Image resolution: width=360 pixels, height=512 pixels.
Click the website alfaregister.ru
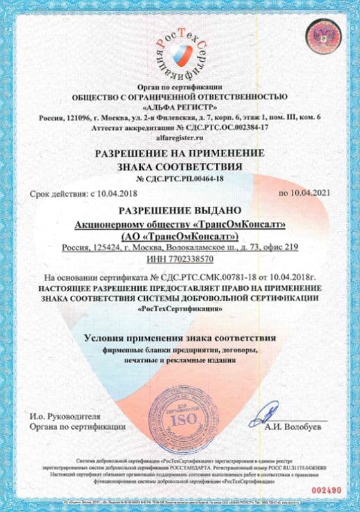180,137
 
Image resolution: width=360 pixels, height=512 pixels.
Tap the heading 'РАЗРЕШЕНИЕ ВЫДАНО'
180,210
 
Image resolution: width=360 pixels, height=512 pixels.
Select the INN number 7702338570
192,258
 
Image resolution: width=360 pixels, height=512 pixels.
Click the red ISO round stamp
179,418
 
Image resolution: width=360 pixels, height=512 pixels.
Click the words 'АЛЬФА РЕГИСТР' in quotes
180,107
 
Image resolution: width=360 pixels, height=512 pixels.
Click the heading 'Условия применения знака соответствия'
180,338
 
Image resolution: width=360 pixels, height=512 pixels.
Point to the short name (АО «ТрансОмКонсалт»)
180,235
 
